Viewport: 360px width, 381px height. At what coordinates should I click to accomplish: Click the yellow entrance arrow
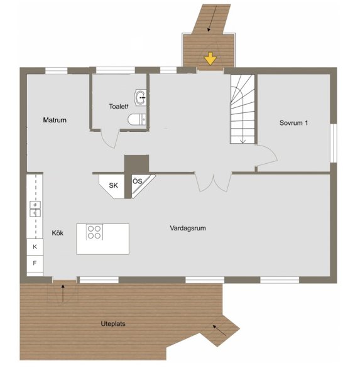click(x=210, y=58)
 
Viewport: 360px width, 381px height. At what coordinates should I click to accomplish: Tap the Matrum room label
click(x=55, y=120)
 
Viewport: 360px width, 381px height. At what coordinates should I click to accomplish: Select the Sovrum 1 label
click(x=293, y=123)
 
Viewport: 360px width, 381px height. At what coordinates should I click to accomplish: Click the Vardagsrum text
click(x=188, y=228)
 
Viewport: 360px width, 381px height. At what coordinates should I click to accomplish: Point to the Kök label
click(x=58, y=233)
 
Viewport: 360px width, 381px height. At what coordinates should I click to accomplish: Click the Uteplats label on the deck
click(x=113, y=324)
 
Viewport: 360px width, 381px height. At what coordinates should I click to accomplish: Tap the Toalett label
click(x=119, y=107)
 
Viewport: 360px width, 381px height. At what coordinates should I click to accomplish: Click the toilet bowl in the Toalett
click(x=137, y=119)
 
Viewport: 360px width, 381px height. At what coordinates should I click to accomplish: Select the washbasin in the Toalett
click(x=140, y=97)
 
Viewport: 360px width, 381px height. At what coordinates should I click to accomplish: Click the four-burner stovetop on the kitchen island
click(x=94, y=232)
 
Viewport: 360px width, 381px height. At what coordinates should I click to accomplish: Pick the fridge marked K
click(x=35, y=247)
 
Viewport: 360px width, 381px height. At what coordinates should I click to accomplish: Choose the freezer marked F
click(x=35, y=264)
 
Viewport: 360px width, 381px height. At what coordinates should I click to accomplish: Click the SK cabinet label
click(x=113, y=186)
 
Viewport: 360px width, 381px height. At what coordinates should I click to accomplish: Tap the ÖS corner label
click(x=138, y=181)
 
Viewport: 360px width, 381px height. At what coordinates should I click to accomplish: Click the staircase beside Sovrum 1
click(x=243, y=109)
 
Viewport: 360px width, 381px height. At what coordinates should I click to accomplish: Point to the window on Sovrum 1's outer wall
click(x=334, y=143)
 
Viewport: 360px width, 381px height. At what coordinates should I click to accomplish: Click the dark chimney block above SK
click(x=137, y=164)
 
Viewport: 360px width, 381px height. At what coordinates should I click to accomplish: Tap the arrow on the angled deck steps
click(x=219, y=330)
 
